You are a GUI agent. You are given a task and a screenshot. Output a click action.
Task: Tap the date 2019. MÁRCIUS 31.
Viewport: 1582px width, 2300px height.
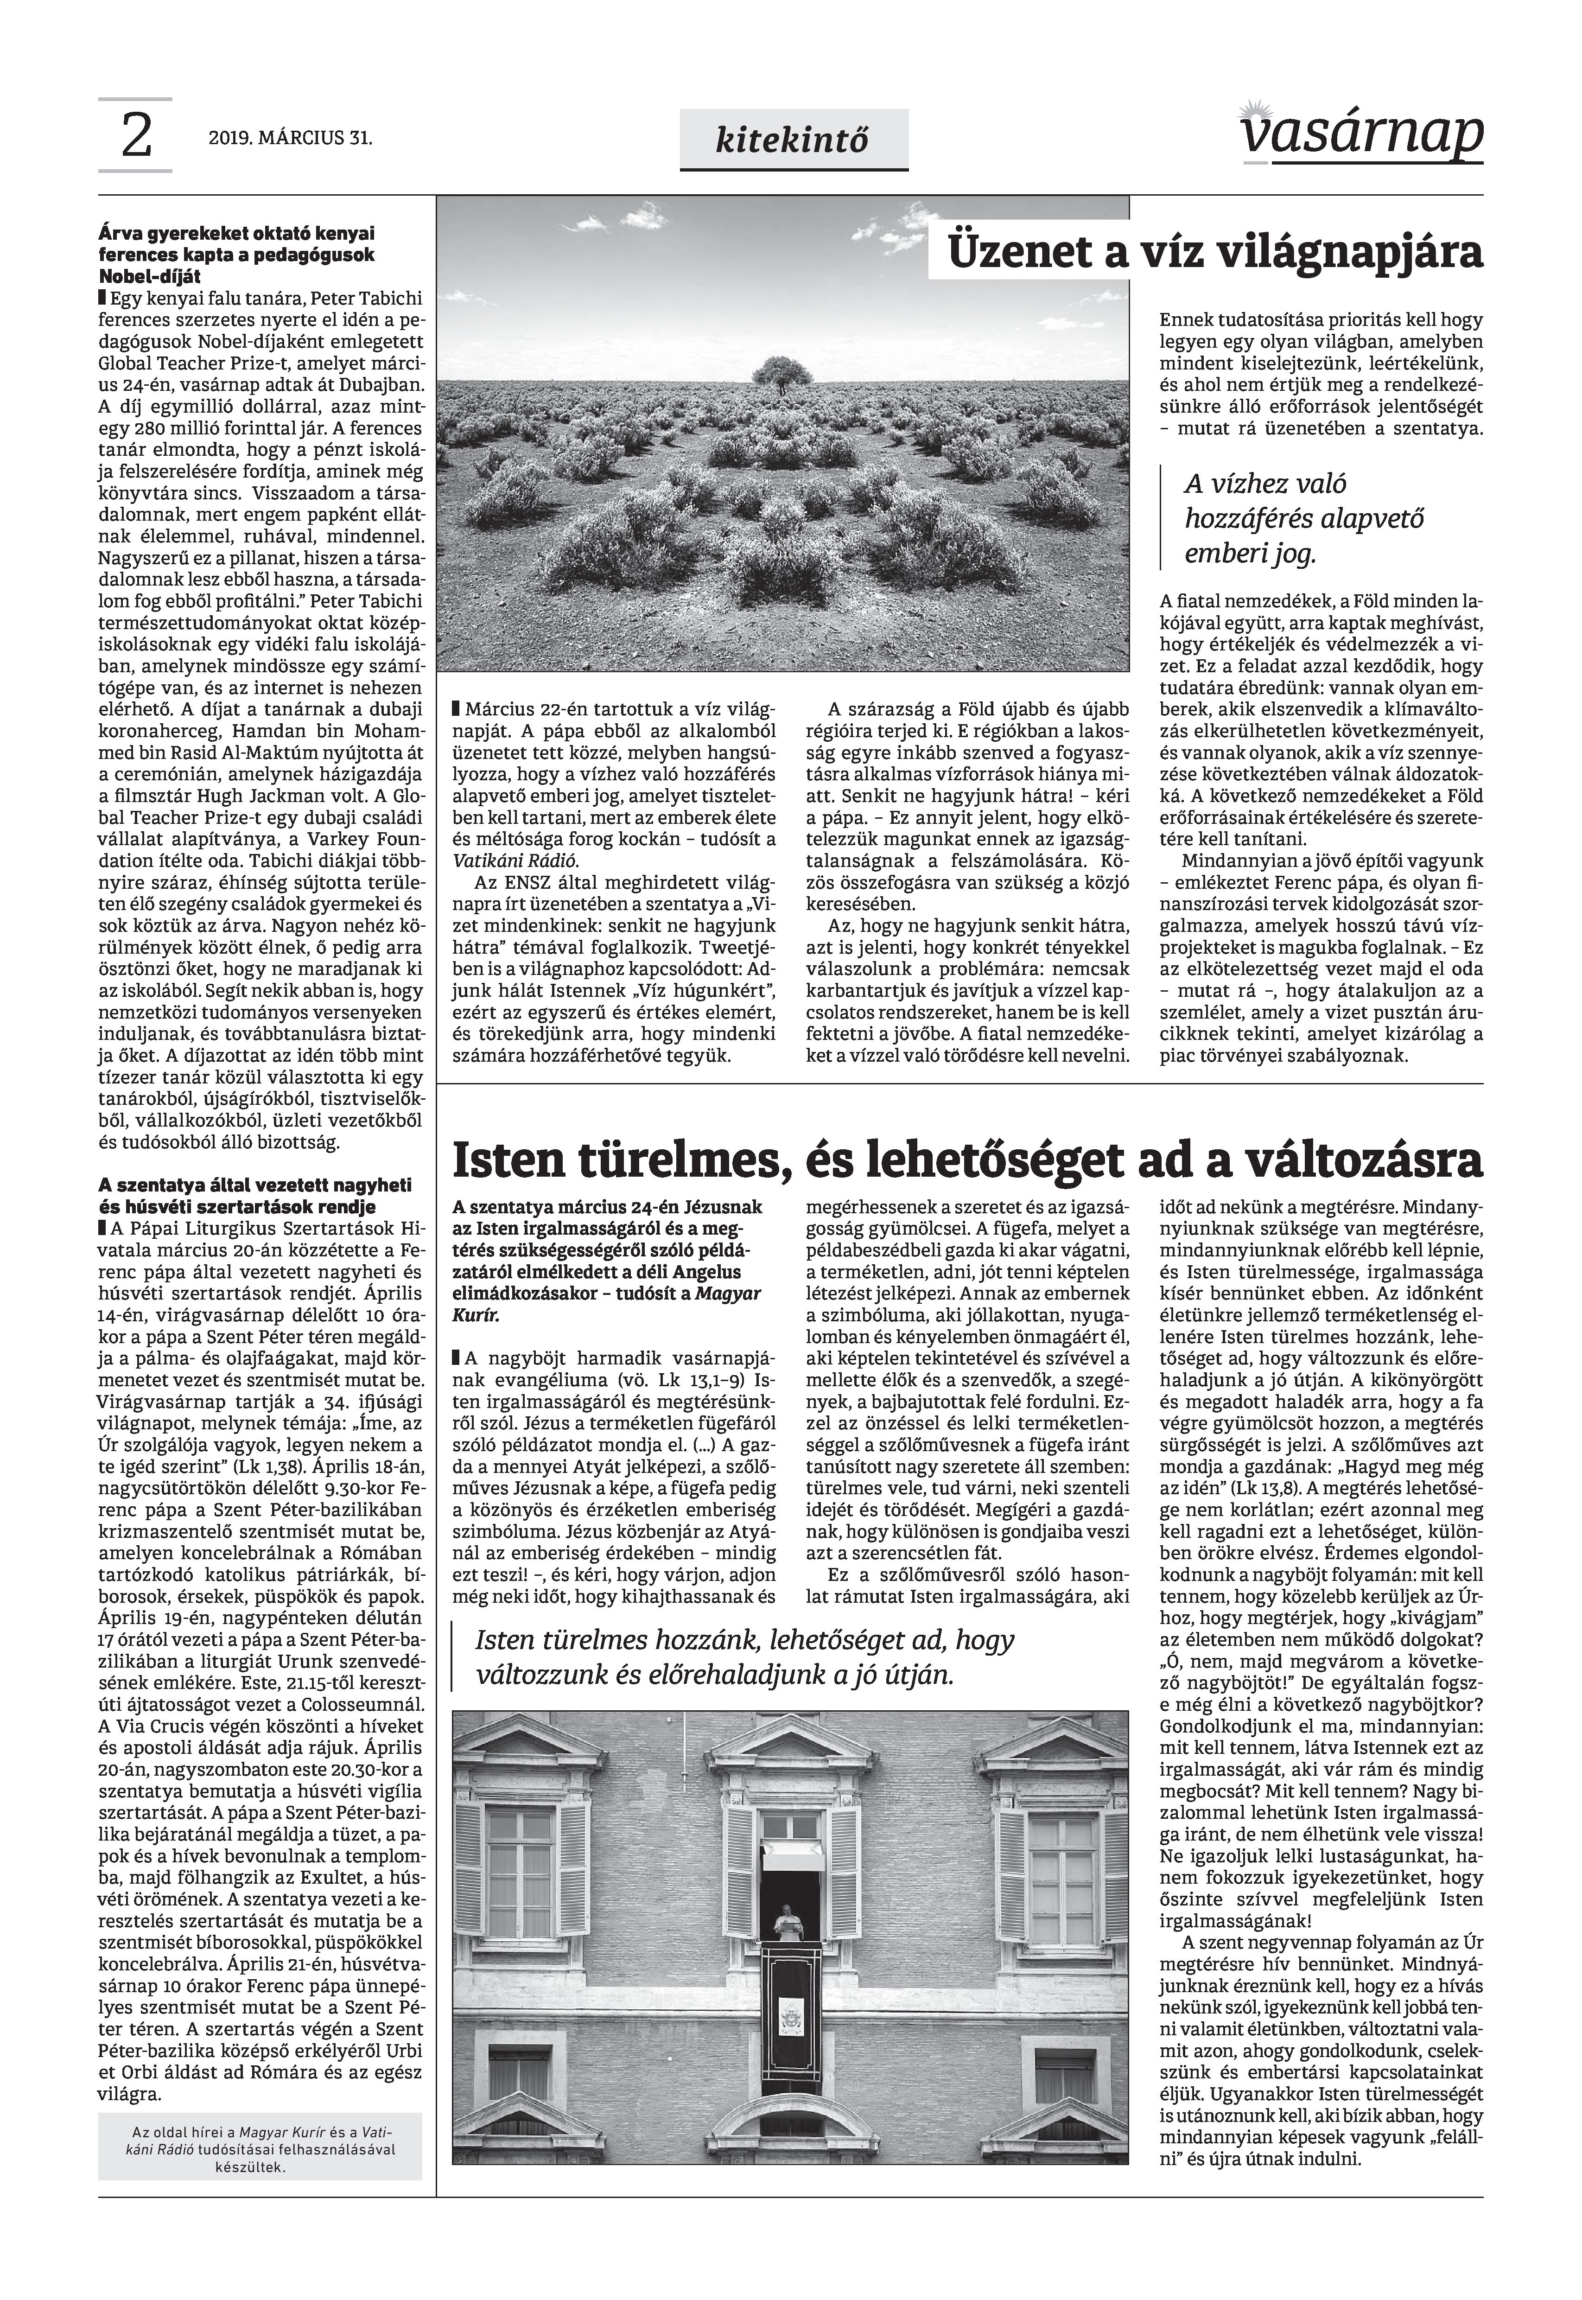pyautogui.click(x=291, y=139)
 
